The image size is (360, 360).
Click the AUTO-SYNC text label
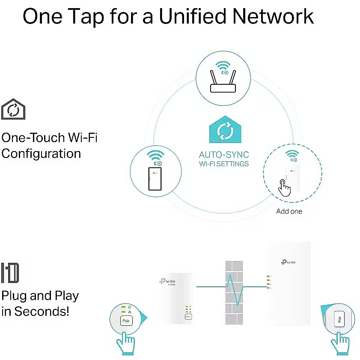[x=224, y=155]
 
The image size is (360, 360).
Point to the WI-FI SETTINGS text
[x=224, y=164]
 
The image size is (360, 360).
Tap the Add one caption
[x=289, y=211]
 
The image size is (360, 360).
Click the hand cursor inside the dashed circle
[x=284, y=187]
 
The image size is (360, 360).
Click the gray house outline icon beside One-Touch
[x=13, y=109]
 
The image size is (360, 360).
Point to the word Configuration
[x=41, y=153]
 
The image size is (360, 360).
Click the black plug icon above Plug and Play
[x=10, y=273]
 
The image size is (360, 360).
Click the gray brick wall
[x=234, y=287]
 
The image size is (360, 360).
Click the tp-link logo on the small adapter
[x=167, y=281]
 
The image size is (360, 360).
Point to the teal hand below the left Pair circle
[x=126, y=344]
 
